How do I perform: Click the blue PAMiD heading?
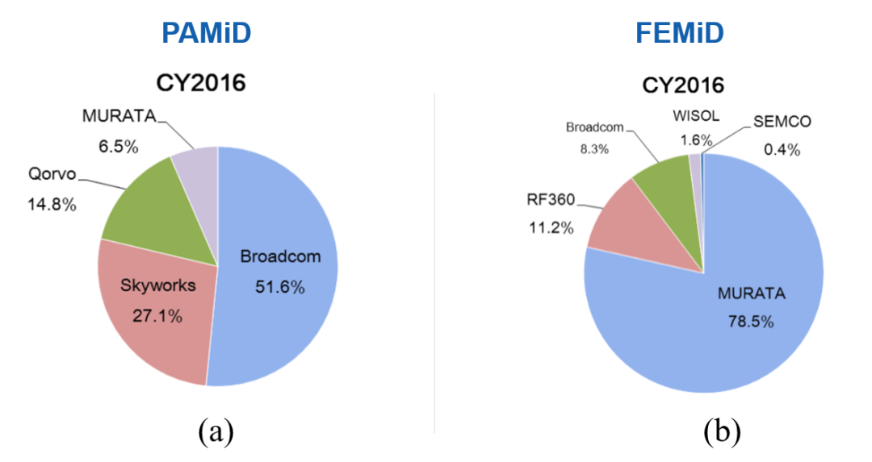pos(206,33)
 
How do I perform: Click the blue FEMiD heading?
pos(679,33)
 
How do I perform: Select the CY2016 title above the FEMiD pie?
pos(683,85)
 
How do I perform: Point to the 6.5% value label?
pos(107,148)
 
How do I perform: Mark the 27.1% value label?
pos(158,316)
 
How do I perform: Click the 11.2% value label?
pos(551,227)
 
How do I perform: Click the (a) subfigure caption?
pos(216,433)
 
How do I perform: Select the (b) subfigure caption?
pos(721,433)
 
